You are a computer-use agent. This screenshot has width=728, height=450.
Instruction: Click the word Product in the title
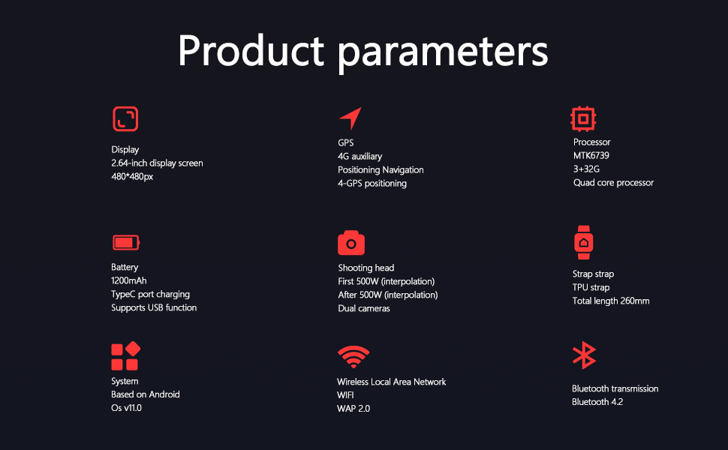tap(250, 51)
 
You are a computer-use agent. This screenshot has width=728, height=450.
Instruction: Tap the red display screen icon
tap(125, 119)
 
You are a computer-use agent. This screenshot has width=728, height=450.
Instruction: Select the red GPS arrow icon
tap(350, 118)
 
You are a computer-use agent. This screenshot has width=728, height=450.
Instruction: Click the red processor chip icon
tap(583, 118)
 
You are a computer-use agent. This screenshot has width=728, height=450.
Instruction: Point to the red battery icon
tap(125, 242)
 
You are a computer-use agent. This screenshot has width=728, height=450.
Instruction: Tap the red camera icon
tap(350, 243)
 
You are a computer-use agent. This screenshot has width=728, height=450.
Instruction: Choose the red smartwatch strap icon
tap(583, 241)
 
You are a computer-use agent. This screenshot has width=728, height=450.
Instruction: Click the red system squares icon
tap(125, 356)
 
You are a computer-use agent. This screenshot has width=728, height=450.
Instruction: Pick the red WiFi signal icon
tap(353, 357)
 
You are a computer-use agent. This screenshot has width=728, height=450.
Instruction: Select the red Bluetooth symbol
tap(584, 355)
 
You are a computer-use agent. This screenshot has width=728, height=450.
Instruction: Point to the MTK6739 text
tap(591, 156)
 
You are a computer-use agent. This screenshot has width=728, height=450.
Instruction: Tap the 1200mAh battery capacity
tap(128, 280)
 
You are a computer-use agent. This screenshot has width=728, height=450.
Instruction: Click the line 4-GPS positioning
tap(372, 183)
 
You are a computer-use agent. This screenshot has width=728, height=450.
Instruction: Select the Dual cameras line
tap(363, 308)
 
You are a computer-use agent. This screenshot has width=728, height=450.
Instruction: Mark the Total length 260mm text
tap(610, 301)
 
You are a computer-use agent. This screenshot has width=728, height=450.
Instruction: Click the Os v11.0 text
tap(126, 408)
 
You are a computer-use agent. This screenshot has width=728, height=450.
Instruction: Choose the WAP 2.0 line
tap(353, 409)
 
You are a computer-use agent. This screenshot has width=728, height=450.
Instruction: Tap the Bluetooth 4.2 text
tap(597, 402)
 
